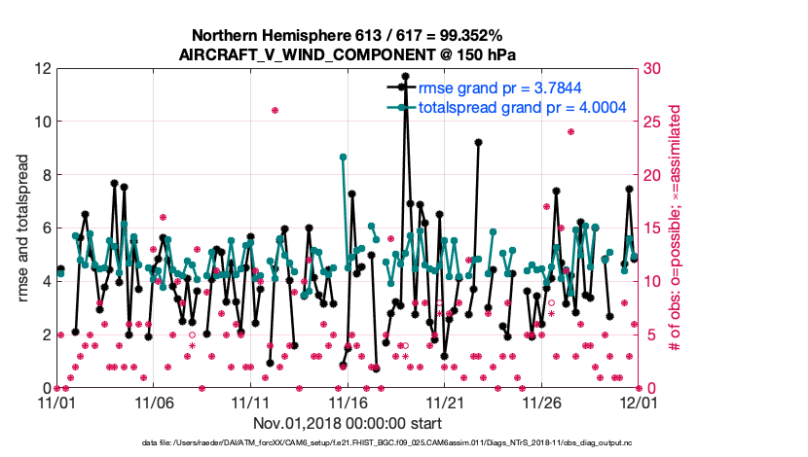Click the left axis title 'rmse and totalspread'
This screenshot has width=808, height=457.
pos(23,228)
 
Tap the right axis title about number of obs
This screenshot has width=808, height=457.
pos(699,228)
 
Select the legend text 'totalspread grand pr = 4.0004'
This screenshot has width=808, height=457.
pos(522,107)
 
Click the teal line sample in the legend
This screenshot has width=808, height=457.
pos(397,107)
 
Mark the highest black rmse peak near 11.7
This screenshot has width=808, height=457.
pos(405,76)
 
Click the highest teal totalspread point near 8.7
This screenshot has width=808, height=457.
pos(343,157)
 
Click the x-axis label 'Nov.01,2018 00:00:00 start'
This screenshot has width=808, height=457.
pos(348,423)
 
